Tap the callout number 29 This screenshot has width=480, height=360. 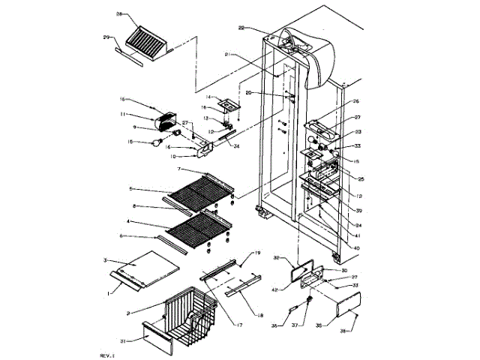(x=106, y=36)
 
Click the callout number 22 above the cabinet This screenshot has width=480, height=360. (x=241, y=28)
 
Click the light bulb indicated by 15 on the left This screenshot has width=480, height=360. (x=157, y=141)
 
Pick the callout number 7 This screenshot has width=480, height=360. (x=180, y=171)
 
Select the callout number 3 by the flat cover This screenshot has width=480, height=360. (x=105, y=259)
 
